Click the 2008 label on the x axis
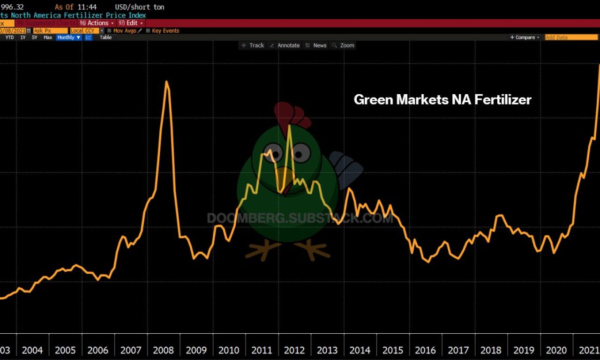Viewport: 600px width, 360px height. coord(163,350)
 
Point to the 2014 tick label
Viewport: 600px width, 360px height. coord(360,350)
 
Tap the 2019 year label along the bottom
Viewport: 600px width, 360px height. coord(524,350)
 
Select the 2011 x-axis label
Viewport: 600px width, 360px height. coord(262,350)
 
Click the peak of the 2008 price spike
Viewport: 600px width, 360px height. coord(166,82)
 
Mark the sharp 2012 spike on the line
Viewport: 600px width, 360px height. coord(290,126)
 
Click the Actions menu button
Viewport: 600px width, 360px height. coord(97,23)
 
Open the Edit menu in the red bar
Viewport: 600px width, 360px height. coord(131,23)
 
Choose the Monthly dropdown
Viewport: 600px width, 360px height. coord(68,37)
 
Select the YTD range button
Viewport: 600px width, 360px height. coord(9,37)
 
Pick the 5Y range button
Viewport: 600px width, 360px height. coord(34,37)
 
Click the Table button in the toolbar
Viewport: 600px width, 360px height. coord(105,37)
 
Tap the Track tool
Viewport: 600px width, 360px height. coord(253,45)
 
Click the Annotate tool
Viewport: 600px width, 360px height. coord(285,45)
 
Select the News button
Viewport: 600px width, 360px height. coord(316,45)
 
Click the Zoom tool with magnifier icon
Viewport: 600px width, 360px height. coord(343,45)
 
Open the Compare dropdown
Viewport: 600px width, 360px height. coord(525,37)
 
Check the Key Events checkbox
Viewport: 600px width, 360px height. coord(148,31)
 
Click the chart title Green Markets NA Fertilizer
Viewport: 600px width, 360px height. coord(442,99)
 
